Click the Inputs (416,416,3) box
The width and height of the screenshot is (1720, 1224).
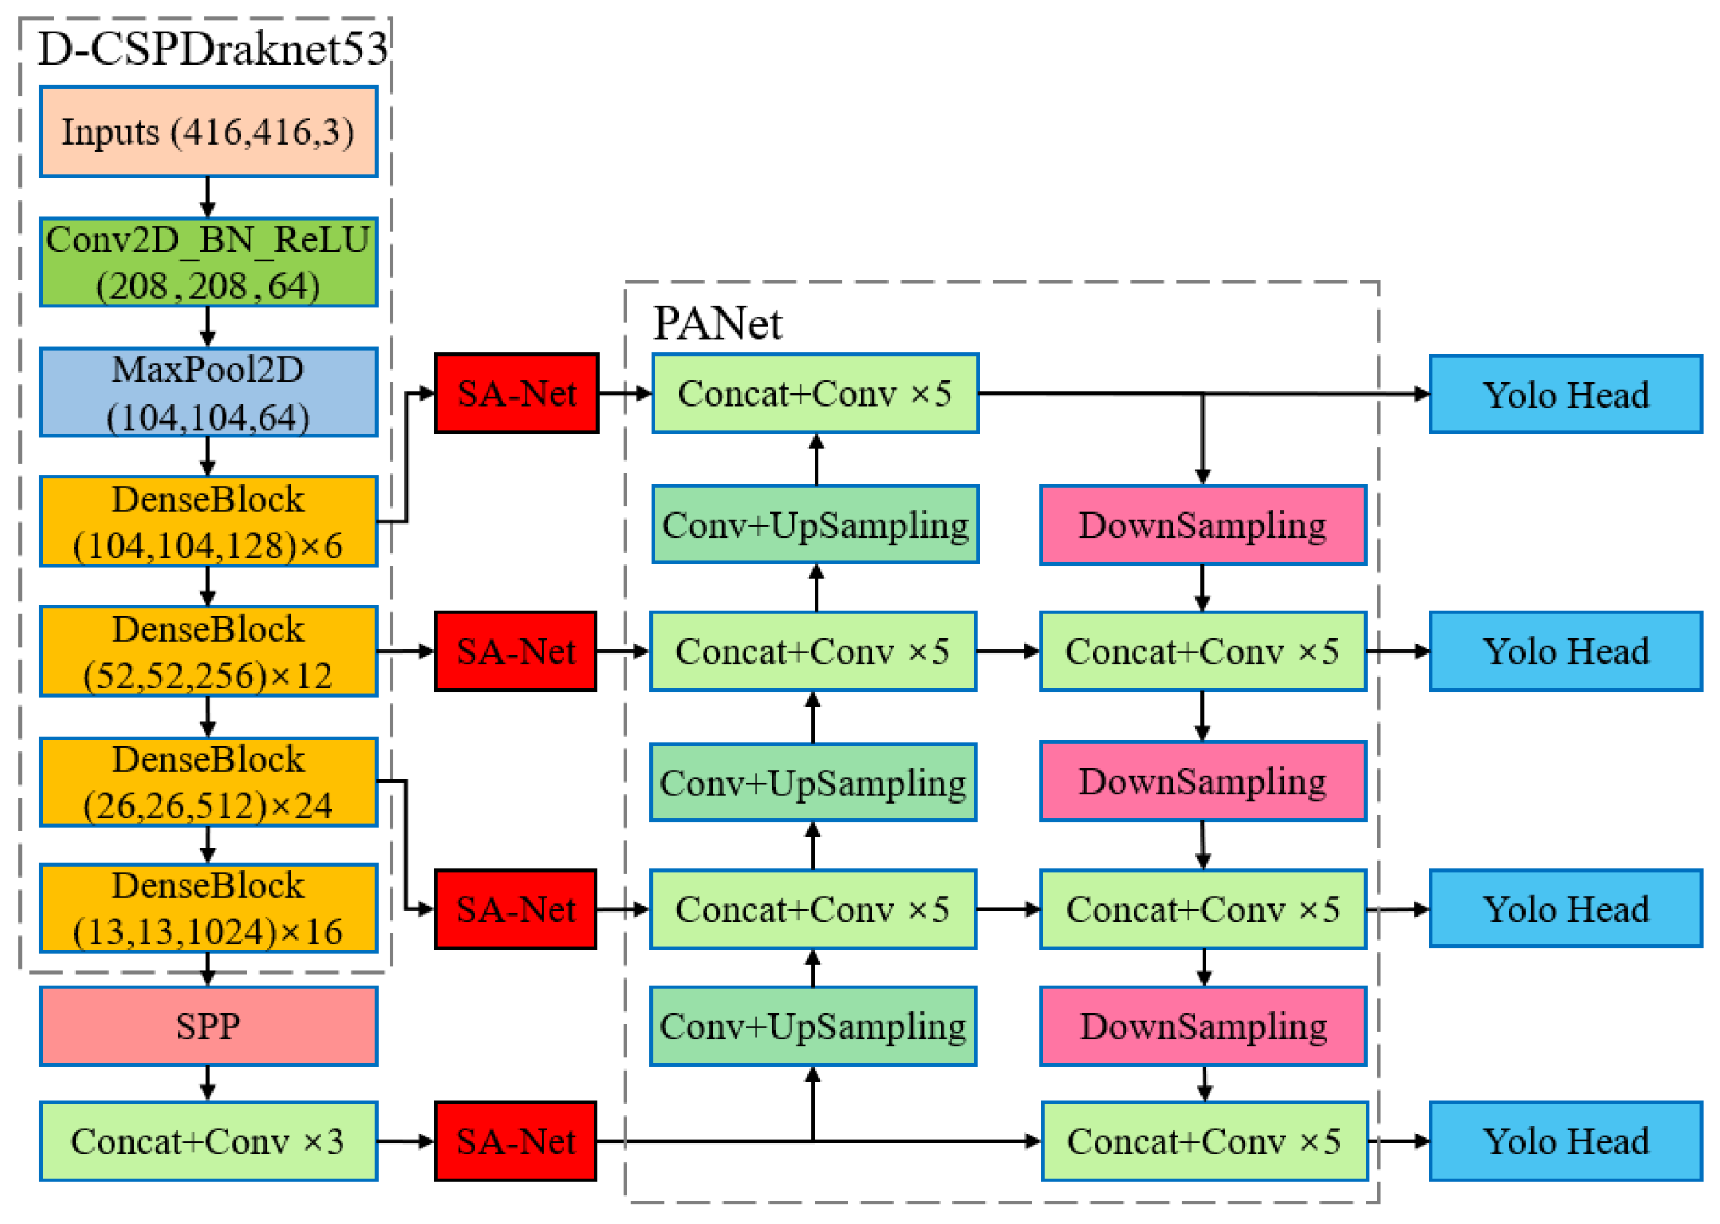(x=208, y=132)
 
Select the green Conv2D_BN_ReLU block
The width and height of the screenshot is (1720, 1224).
(x=208, y=262)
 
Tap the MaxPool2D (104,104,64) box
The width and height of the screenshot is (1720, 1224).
(x=208, y=393)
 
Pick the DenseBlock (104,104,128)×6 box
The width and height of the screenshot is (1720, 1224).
(x=208, y=522)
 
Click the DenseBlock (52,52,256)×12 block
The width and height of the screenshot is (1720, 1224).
(x=208, y=651)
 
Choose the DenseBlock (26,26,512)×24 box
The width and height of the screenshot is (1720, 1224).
(x=208, y=782)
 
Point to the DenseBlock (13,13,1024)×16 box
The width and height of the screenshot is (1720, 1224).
(x=208, y=909)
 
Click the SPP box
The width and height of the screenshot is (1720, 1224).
(x=208, y=1027)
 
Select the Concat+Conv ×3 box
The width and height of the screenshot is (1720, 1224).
(x=208, y=1141)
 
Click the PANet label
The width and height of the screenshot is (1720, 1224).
(x=717, y=324)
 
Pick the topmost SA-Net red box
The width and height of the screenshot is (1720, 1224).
(x=517, y=393)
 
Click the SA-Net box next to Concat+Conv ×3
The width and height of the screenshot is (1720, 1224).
(x=516, y=1141)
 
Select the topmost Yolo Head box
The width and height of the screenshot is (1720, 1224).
(x=1564, y=394)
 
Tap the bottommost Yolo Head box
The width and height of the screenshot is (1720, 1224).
(x=1564, y=1141)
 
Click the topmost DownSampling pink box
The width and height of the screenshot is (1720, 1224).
(x=1202, y=525)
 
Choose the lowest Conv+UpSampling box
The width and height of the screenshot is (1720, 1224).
(x=812, y=1027)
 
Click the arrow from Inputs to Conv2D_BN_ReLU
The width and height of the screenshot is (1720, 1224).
(x=208, y=197)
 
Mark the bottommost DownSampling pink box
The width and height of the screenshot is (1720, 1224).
(x=1203, y=1027)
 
